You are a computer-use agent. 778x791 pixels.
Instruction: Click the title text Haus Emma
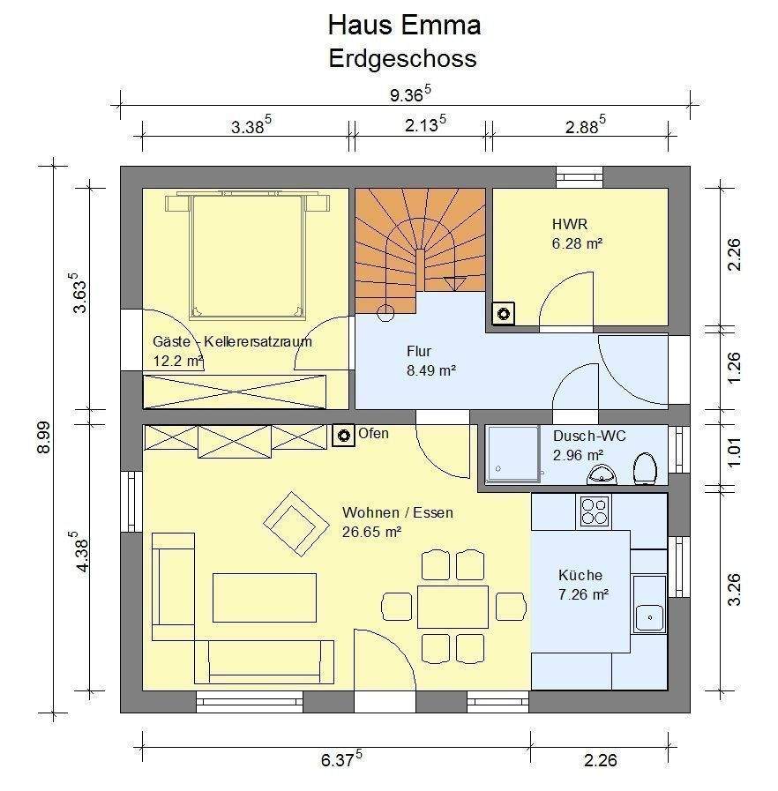[404, 25]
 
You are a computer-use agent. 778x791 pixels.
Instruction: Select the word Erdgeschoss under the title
[402, 58]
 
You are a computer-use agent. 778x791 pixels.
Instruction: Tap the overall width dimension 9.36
[408, 93]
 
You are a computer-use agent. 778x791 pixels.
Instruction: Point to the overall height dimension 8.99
[43, 437]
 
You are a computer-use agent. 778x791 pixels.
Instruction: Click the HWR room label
[570, 224]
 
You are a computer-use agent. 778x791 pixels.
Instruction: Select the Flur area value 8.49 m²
[431, 370]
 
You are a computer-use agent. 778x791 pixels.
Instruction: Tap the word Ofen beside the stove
[373, 434]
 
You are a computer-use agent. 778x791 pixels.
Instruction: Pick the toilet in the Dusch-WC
[645, 468]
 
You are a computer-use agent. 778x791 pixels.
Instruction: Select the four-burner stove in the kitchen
[593, 511]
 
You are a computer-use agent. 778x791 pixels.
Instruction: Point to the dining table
[453, 607]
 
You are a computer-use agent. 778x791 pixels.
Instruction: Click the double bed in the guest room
[248, 255]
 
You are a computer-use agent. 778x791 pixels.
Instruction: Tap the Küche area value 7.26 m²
[583, 595]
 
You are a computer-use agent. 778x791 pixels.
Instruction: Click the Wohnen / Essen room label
[398, 512]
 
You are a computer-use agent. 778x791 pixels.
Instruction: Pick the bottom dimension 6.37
[340, 759]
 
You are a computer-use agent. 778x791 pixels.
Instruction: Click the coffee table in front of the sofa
[264, 597]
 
